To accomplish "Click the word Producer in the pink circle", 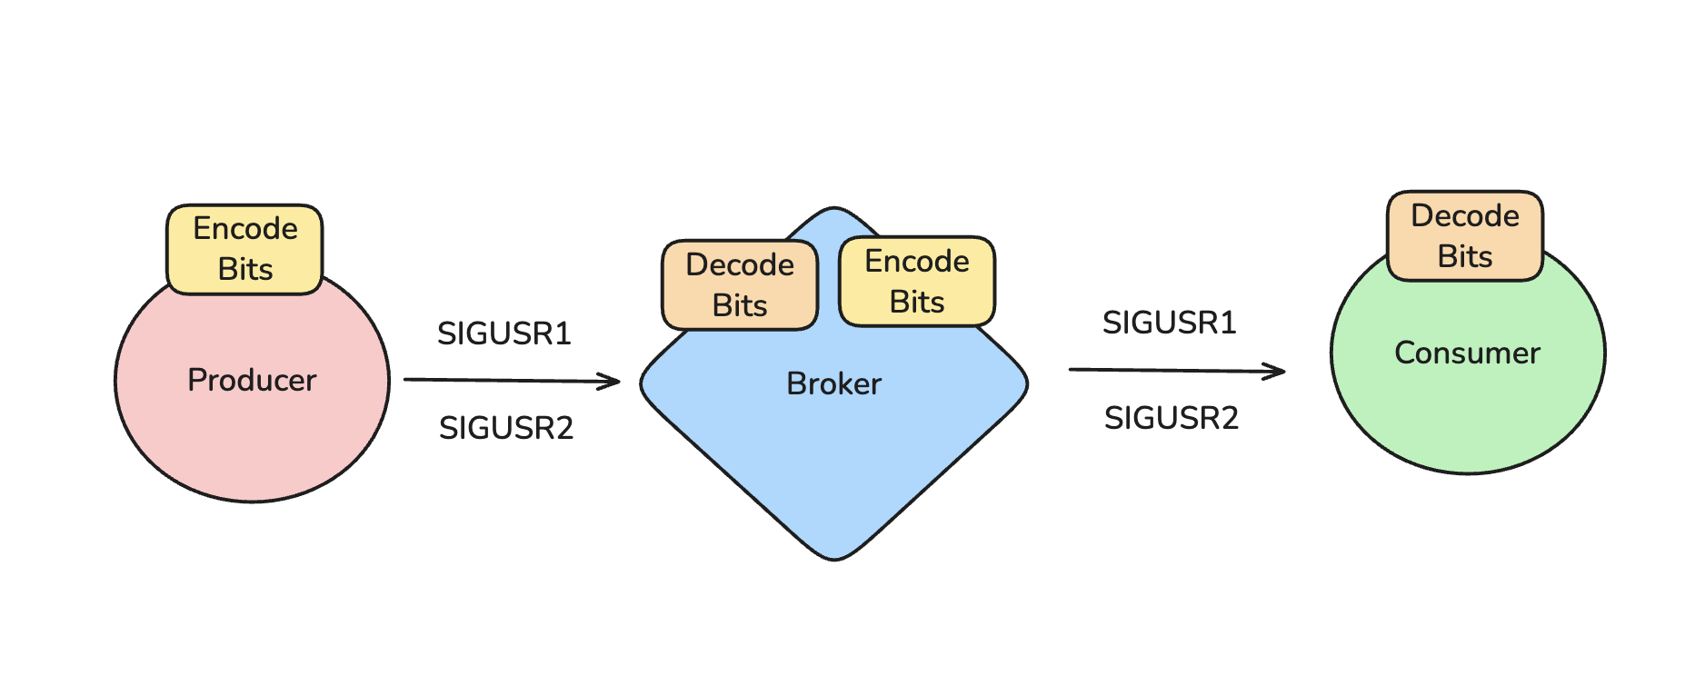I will [252, 380].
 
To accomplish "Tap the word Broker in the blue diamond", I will [833, 383].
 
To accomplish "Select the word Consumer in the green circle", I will [1467, 353].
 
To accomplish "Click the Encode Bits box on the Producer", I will [245, 249].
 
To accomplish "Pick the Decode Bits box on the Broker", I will [740, 285].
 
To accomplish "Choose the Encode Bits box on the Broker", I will [917, 282].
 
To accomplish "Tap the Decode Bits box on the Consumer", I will [1465, 236].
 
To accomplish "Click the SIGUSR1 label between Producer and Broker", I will [504, 333].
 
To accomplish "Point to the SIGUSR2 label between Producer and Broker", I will [506, 427].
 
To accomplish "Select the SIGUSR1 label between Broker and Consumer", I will [1170, 323].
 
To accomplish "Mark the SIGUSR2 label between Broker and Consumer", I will [1172, 418].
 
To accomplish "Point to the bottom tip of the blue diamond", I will [834, 558].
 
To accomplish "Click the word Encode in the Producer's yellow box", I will [245, 229].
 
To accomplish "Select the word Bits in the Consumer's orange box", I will [1465, 256].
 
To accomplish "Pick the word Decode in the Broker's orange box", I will [740, 265].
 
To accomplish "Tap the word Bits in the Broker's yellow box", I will [917, 302].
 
